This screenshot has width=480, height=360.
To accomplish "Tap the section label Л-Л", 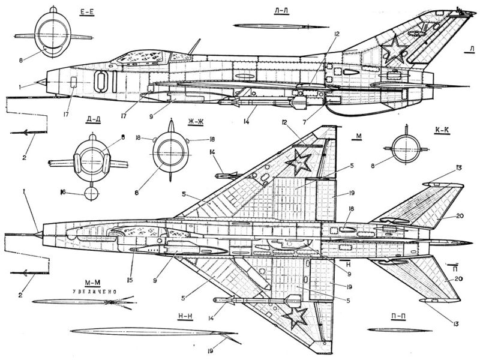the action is tap(281, 11).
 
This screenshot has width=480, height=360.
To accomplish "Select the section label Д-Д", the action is tap(94, 119).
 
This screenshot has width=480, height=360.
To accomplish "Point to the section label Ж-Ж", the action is tap(196, 122).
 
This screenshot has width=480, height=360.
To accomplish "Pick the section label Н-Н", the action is tap(185, 317).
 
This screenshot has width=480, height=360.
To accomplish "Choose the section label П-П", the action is tap(398, 317).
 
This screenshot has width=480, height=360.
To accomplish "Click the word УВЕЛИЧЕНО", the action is tap(95, 292).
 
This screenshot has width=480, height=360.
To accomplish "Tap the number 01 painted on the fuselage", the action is tap(105, 82).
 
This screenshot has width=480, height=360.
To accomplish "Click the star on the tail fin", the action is tap(393, 50).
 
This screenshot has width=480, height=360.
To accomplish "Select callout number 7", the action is tap(304, 122).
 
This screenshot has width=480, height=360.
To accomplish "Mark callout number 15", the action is tap(130, 280).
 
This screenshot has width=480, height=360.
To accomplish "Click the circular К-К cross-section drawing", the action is tap(406, 149).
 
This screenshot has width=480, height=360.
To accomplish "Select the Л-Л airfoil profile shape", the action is tap(280, 26).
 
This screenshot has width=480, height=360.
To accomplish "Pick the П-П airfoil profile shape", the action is tap(400, 330).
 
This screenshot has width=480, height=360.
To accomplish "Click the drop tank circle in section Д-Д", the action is tap(92, 194).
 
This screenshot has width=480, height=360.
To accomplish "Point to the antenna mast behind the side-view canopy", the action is tap(194, 47).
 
